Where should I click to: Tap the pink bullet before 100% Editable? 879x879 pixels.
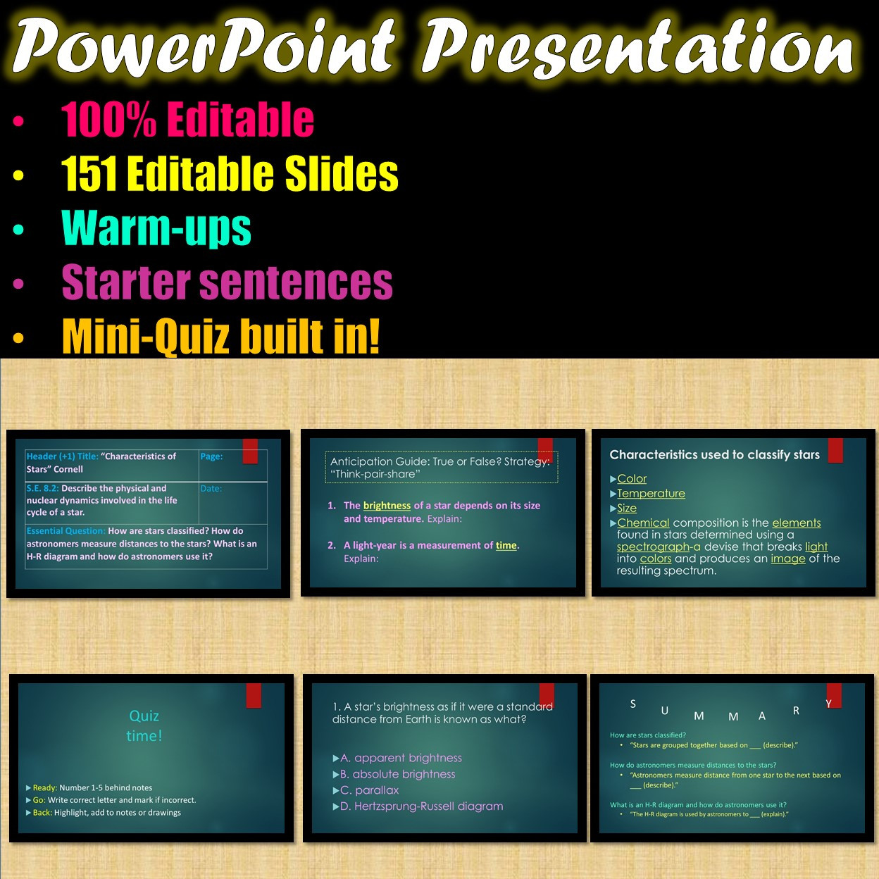[18, 121]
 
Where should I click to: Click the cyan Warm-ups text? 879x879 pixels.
[156, 227]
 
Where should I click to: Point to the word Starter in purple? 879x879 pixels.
[126, 282]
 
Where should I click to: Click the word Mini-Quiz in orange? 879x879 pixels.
[146, 337]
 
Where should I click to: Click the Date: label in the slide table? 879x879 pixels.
[211, 489]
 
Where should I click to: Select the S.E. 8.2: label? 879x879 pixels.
[42, 488]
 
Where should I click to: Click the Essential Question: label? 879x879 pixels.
[66, 531]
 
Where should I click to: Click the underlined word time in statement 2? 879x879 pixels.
[506, 546]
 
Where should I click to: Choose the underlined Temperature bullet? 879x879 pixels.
[651, 494]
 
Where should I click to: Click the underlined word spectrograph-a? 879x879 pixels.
[659, 547]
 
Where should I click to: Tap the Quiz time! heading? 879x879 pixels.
[144, 725]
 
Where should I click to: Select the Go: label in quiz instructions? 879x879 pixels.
[39, 800]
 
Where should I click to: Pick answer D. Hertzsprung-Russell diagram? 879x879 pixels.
[421, 806]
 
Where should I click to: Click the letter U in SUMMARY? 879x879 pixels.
[665, 711]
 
